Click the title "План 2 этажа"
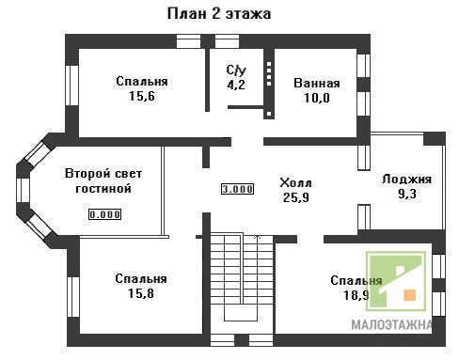[x=219, y=14]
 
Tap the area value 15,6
[x=142, y=96]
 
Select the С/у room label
[x=236, y=70]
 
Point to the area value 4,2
[x=236, y=85]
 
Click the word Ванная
[x=317, y=84]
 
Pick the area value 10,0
[x=317, y=98]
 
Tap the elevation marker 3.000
[x=237, y=189]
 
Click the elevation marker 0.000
[x=104, y=214]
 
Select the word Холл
[x=295, y=183]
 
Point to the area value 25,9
[x=296, y=197]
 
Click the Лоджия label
[x=406, y=180]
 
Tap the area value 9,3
[x=407, y=194]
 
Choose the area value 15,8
[x=141, y=293]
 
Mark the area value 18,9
[x=356, y=295]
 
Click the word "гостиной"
[x=103, y=189]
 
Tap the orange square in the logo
[x=409, y=295]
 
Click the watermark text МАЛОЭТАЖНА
[x=391, y=325]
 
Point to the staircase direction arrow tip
[x=257, y=236]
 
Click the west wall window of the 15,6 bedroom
[x=71, y=86]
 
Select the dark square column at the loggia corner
[x=435, y=139]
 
